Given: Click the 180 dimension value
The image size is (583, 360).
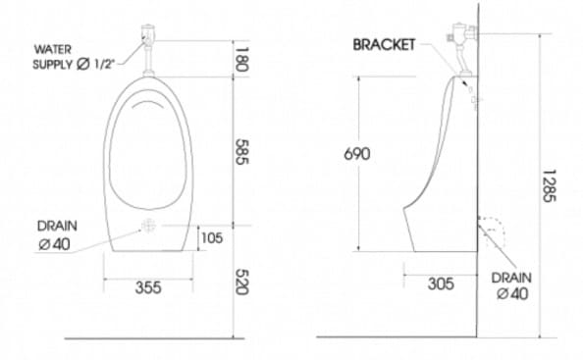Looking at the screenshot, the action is click(x=241, y=60).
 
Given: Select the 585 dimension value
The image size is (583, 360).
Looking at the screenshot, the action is click(x=241, y=152).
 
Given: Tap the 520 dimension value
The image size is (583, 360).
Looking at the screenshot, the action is click(x=241, y=282).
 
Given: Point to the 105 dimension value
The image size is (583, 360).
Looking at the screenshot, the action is click(x=212, y=237).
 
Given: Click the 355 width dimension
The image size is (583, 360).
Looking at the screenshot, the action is click(x=148, y=287).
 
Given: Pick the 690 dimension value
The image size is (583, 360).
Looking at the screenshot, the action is click(x=357, y=154).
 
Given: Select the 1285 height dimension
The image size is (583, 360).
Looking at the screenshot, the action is click(x=549, y=185).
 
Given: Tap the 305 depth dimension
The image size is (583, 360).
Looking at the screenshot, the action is click(x=441, y=283).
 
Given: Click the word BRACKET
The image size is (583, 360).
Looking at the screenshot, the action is click(x=384, y=45).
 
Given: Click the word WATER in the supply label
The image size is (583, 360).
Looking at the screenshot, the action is click(x=52, y=49).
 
